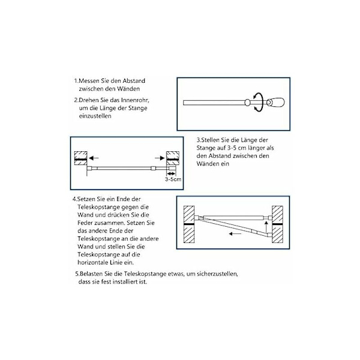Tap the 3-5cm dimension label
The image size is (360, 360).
tap(173, 179)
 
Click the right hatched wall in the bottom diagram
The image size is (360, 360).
tap(278, 223)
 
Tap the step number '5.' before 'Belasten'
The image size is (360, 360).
tap(77, 274)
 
